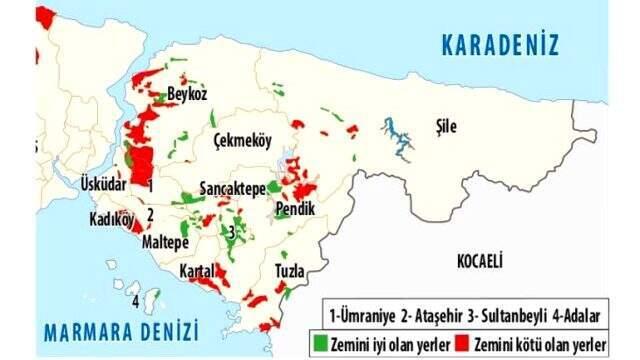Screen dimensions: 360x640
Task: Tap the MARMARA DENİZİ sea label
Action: tap(121, 331)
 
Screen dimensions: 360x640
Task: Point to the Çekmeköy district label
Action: tap(243, 142)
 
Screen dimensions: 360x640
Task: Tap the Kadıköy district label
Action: tap(111, 220)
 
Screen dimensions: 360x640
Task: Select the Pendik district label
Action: tap(294, 210)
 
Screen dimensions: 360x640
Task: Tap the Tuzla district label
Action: tap(293, 271)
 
